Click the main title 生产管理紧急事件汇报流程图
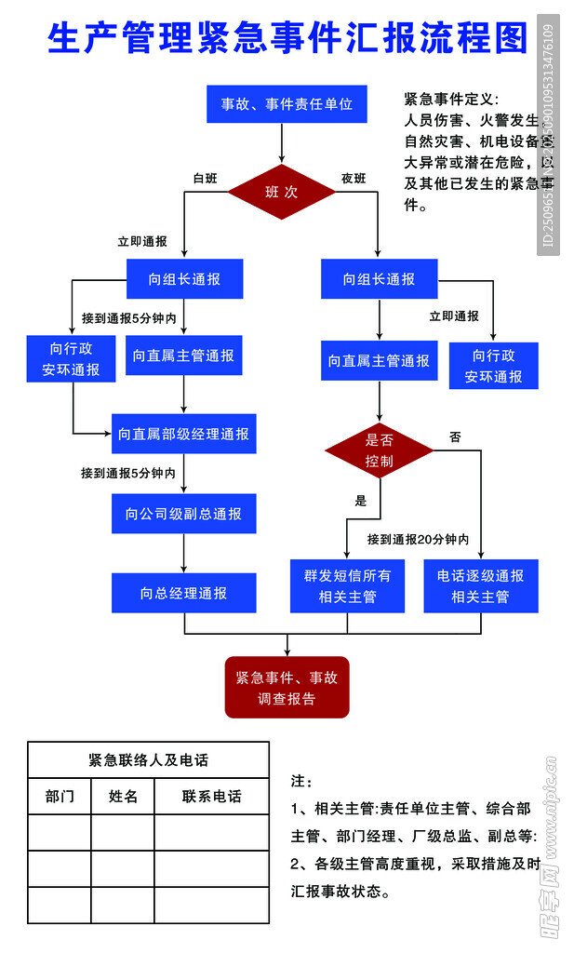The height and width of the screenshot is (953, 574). (x=287, y=39)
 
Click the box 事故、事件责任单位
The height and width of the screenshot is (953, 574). (x=287, y=104)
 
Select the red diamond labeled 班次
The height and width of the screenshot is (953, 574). (x=282, y=193)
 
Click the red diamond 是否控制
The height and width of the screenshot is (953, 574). (x=379, y=450)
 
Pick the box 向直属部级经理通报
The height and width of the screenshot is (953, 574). (x=183, y=434)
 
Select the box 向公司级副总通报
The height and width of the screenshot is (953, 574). (x=183, y=514)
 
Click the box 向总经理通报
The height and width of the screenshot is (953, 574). (x=183, y=593)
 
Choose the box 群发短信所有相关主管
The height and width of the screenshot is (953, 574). (x=347, y=586)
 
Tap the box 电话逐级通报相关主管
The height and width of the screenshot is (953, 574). (x=480, y=586)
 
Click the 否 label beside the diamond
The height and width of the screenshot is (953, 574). (x=455, y=436)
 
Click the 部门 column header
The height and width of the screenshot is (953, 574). (x=60, y=797)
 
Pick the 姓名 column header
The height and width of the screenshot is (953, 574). (x=123, y=797)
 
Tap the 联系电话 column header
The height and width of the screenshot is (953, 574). (x=211, y=797)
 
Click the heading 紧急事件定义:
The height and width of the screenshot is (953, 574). (x=451, y=100)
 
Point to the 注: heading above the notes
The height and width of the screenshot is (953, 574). (x=302, y=780)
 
